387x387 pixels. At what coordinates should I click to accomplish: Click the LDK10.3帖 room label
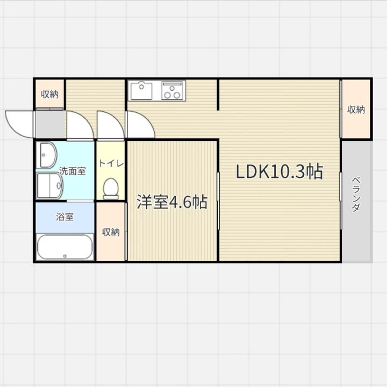279,171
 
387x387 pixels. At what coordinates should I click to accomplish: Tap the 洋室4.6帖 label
171,202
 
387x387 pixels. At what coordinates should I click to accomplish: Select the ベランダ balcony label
356,193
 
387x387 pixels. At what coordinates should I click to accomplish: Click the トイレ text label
111,163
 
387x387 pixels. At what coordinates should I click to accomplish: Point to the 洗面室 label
72,171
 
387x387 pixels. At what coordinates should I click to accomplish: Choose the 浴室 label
65,218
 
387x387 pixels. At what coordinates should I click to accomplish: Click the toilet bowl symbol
111,188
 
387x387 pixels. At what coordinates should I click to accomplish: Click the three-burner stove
173,90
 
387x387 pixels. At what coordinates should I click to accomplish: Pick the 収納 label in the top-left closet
49,95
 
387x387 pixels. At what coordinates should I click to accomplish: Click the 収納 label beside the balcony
356,110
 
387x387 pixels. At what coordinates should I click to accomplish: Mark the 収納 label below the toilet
111,232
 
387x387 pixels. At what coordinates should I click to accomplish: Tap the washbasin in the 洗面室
47,155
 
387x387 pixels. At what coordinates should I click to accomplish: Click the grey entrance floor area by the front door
49,124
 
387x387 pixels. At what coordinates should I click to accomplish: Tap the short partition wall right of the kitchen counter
218,95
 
